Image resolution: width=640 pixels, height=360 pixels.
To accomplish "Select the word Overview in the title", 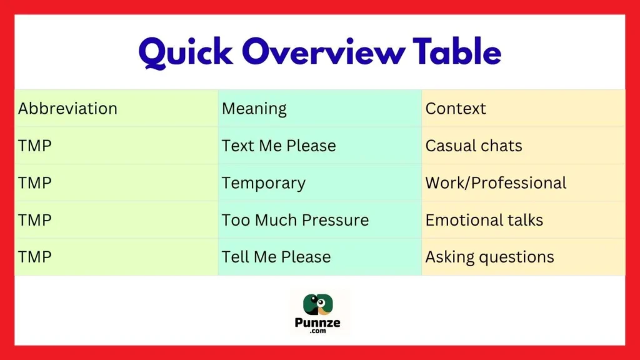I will pyautogui.click(x=324, y=52).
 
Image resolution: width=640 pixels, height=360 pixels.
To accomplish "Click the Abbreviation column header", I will pyautogui.click(x=67, y=109).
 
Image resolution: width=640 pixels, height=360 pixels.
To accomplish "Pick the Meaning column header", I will pyautogui.click(x=254, y=109).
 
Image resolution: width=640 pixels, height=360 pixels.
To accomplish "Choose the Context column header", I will pyautogui.click(x=456, y=109).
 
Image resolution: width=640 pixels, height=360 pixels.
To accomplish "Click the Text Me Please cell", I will pyautogui.click(x=279, y=146).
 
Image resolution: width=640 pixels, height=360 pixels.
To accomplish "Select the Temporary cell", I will pyautogui.click(x=264, y=183).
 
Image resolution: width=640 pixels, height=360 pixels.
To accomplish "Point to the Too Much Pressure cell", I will pyautogui.click(x=295, y=220).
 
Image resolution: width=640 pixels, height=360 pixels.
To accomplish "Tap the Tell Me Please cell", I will pyautogui.click(x=276, y=257).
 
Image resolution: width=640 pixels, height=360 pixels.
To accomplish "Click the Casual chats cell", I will pyautogui.click(x=474, y=146).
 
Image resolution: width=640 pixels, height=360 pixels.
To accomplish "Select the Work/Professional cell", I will pyautogui.click(x=496, y=183).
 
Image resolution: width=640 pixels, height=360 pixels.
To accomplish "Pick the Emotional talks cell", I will pyautogui.click(x=484, y=220).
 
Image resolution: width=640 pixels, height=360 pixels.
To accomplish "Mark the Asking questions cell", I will pyautogui.click(x=489, y=257).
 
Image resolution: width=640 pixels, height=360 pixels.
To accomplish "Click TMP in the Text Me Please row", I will pyautogui.click(x=35, y=146).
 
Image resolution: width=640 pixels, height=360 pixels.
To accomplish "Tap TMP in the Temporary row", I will pyautogui.click(x=35, y=183).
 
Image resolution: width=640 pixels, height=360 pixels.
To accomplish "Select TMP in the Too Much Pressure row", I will pyautogui.click(x=35, y=220).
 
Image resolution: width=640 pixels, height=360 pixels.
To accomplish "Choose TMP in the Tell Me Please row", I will pyautogui.click(x=35, y=257).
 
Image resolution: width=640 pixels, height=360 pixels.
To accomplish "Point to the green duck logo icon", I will pyautogui.click(x=319, y=304).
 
